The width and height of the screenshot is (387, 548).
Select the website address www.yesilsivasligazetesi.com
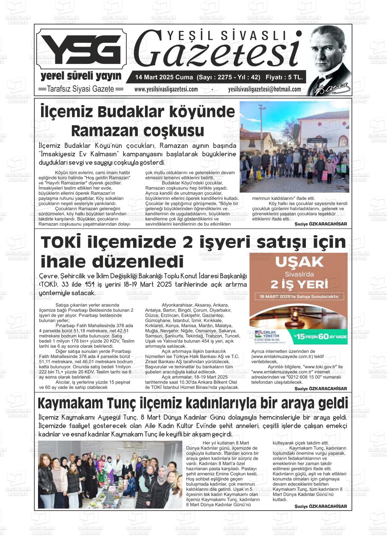[x=166, y=89]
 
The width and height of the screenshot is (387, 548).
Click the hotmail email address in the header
[x=264, y=89]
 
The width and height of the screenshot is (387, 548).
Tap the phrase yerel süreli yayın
[x=81, y=76]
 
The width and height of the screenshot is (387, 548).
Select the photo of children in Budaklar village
[x=294, y=147]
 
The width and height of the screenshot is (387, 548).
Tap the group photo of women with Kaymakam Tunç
[x=110, y=475]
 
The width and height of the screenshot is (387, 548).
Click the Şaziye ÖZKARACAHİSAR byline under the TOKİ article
[x=320, y=389]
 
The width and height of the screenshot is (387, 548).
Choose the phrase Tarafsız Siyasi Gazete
[x=80, y=89]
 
